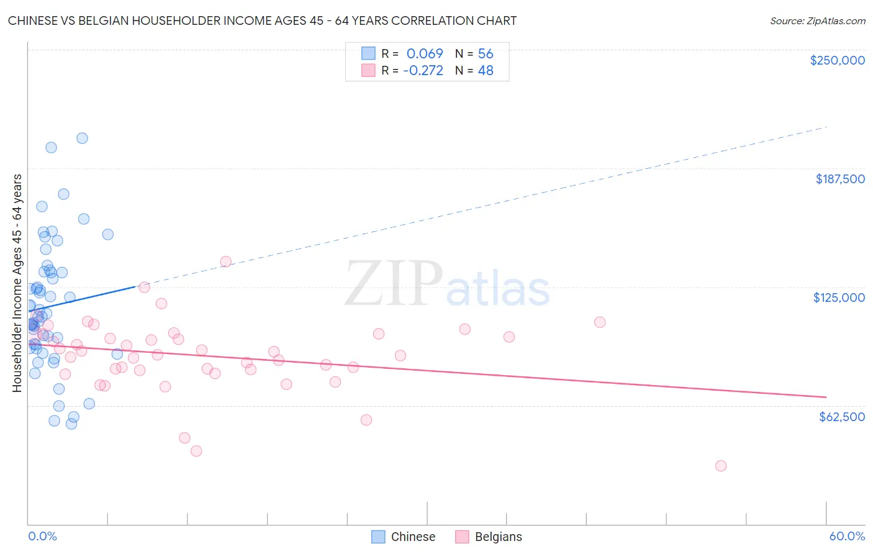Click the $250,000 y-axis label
(837, 60)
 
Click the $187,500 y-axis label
(839, 179)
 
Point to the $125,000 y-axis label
(839, 297)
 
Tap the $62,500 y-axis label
(841, 417)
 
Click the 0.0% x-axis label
(42, 536)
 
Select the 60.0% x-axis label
(846, 536)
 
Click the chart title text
(262, 20)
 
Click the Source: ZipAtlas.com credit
(817, 20)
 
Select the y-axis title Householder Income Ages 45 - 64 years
(17, 283)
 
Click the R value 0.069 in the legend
(425, 53)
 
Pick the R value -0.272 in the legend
(423, 70)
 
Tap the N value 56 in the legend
(486, 53)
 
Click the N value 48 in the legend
(486, 70)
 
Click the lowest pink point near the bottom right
(720, 466)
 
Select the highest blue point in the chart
(82, 138)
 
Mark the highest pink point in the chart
(225, 261)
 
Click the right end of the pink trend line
(826, 397)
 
